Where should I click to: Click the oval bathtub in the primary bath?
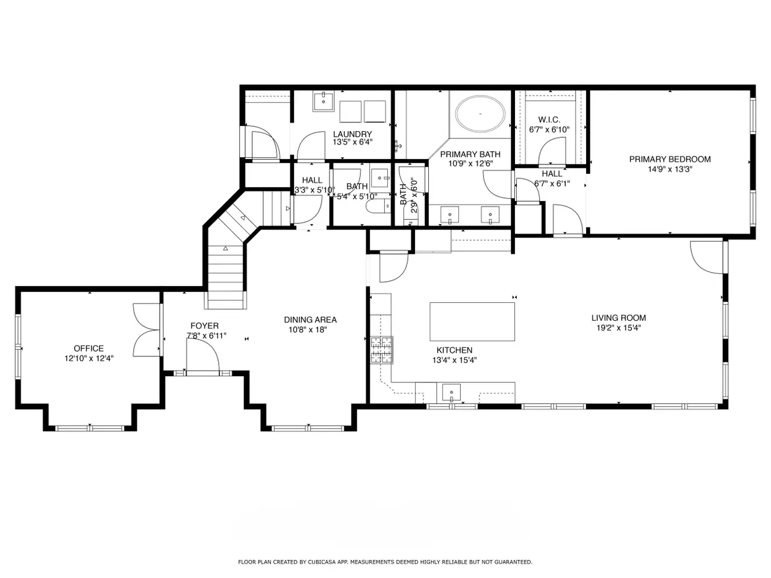(x=480, y=114)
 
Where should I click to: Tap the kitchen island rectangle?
(x=472, y=322)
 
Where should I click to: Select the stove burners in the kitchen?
(x=382, y=350)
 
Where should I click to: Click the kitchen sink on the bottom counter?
(x=451, y=393)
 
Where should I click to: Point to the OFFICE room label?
(x=89, y=349)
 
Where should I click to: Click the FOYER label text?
(x=204, y=326)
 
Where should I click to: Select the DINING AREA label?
(x=310, y=320)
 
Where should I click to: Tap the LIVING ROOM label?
(x=619, y=318)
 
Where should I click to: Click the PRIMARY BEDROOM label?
(x=670, y=160)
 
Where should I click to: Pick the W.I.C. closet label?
(x=549, y=120)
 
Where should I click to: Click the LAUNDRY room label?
(x=352, y=134)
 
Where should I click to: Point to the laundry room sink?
(x=323, y=101)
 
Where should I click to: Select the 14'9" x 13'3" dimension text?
(x=670, y=169)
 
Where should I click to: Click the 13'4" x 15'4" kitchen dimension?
(x=455, y=359)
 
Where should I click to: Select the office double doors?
(x=147, y=330)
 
